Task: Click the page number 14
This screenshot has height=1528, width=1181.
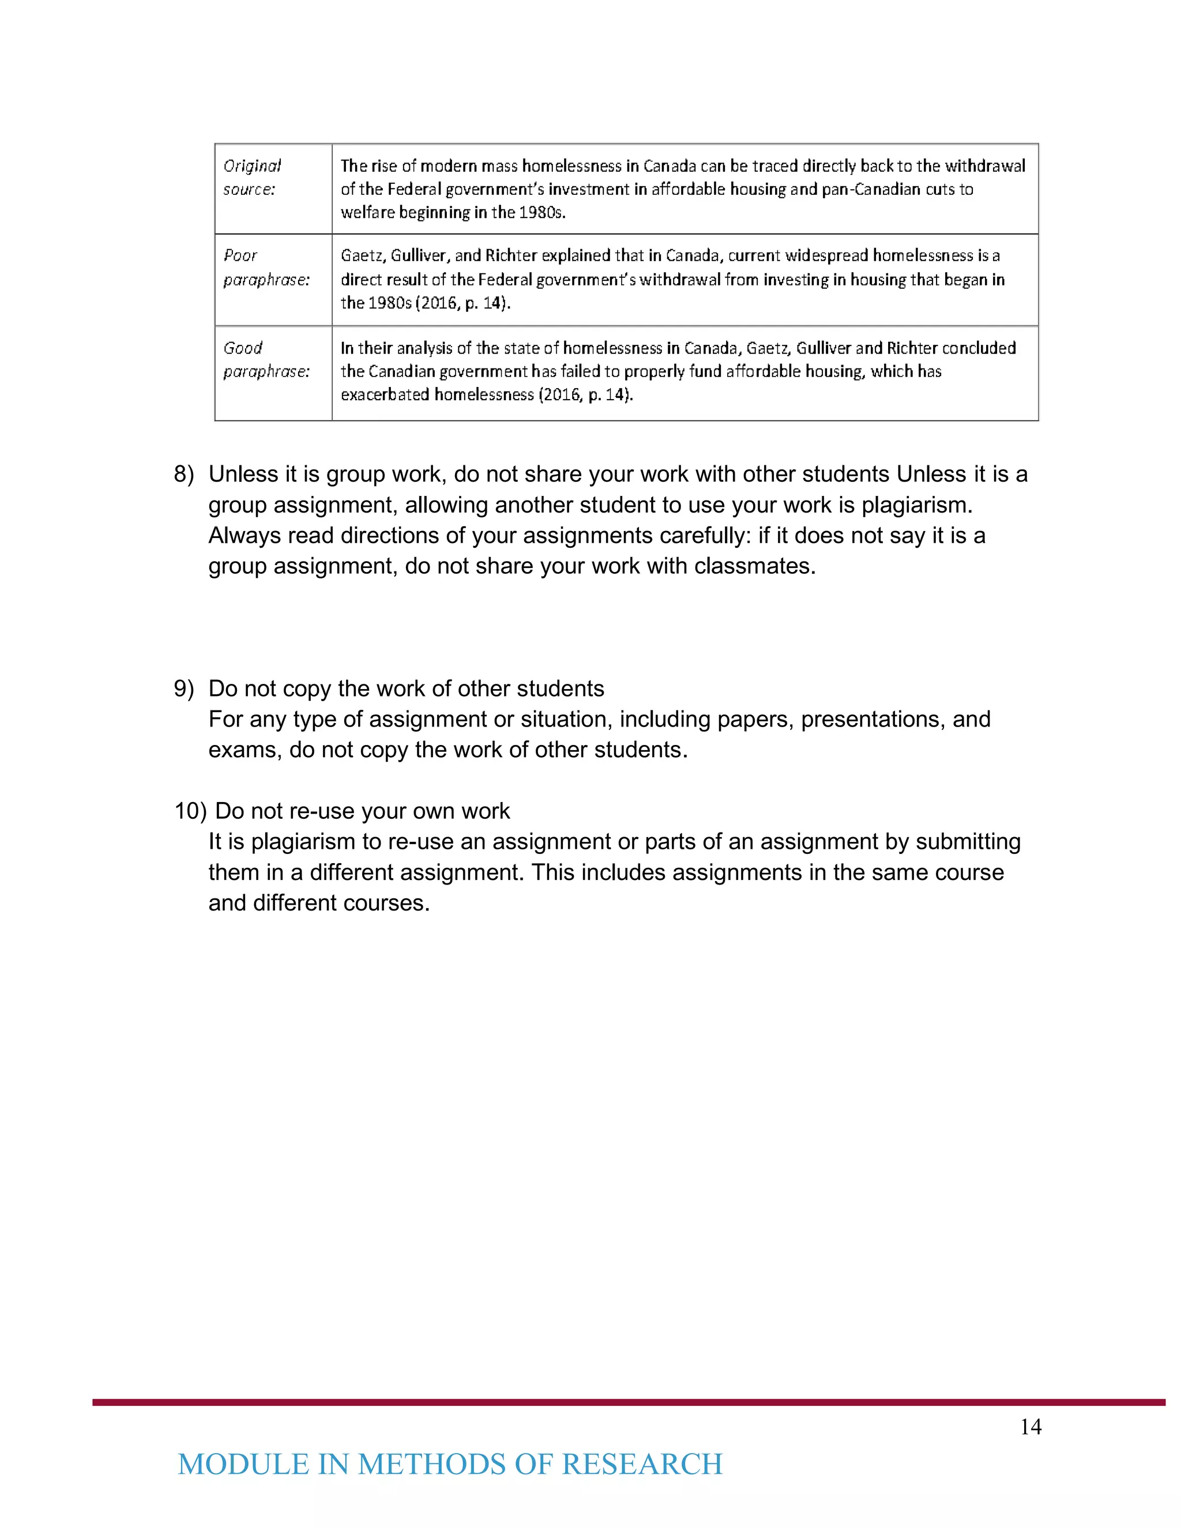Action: tap(1030, 1427)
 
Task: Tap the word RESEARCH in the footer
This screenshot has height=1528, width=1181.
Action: tap(642, 1465)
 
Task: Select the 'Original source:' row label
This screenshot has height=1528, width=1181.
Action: tap(251, 177)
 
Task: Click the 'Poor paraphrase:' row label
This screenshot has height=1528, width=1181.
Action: tap(265, 268)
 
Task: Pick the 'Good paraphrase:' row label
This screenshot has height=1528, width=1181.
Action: tap(265, 360)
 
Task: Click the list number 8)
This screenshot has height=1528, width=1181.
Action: tap(183, 475)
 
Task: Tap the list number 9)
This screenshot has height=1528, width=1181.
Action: tap(183, 688)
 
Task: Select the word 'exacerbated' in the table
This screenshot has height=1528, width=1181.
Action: tap(384, 394)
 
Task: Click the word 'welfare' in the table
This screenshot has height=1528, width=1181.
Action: tap(367, 213)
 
